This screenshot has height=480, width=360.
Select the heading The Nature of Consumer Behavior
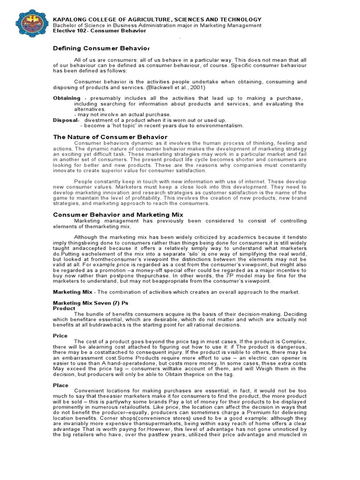click(x=110, y=137)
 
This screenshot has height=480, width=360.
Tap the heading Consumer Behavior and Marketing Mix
click(x=118, y=214)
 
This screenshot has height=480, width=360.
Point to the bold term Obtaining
click(x=67, y=98)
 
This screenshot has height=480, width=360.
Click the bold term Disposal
click(x=65, y=120)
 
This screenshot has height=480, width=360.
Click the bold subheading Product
click(x=63, y=309)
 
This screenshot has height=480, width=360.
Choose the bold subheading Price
click(x=60, y=336)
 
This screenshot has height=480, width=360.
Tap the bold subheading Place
click(x=60, y=385)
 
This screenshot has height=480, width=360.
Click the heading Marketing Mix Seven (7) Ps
click(x=90, y=303)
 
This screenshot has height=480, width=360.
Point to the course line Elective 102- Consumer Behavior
click(x=99, y=30)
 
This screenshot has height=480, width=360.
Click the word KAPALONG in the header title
click(x=69, y=19)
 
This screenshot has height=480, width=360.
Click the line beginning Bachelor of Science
click(x=157, y=25)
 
